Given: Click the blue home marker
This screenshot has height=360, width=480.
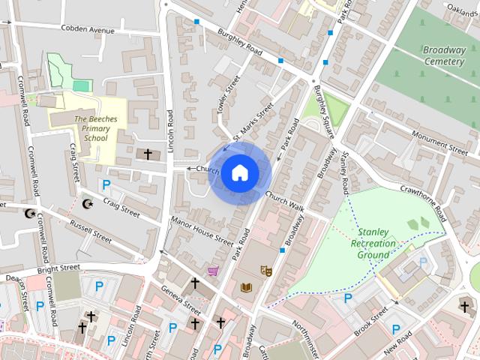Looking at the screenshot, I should (239, 173).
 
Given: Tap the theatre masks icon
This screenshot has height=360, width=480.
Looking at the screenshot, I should (265, 269).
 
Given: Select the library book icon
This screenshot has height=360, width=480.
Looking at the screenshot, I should (247, 286).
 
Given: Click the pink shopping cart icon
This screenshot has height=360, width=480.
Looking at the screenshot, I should (214, 271).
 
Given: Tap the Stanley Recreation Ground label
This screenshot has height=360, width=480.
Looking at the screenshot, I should (373, 243).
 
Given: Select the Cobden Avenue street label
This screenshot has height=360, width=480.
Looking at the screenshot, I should (88, 30).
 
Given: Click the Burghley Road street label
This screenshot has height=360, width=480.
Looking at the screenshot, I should (239, 42).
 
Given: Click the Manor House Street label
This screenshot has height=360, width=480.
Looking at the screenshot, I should (202, 231).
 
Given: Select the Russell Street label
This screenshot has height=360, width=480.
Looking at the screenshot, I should (91, 232).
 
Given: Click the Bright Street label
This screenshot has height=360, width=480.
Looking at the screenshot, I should (58, 268).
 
